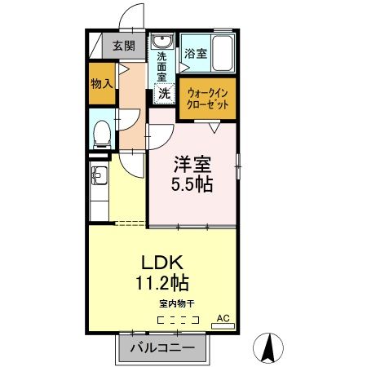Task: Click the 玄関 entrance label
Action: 124,46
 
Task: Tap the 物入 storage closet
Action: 103,85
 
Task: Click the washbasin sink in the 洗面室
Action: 161,42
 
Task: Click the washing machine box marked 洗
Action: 164,93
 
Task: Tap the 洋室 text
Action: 192,163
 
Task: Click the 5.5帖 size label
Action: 192,184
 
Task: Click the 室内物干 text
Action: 177,304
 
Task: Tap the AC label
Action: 223,316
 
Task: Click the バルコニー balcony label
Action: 168,348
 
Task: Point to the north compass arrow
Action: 267,347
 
